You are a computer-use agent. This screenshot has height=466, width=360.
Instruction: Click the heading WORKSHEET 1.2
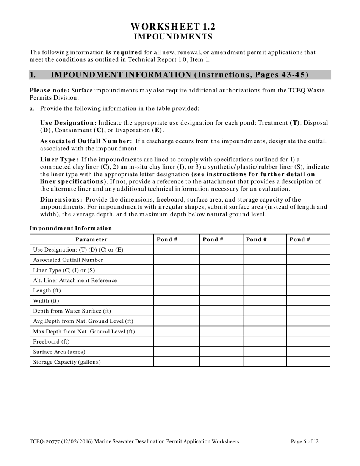(173, 27)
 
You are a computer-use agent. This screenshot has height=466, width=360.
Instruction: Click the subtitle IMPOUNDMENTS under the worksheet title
(173, 36)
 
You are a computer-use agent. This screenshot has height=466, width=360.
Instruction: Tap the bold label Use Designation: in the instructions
(69, 123)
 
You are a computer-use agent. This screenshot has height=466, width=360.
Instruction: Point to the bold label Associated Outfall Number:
(86, 141)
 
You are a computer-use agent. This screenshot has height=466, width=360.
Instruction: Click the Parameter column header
(92, 239)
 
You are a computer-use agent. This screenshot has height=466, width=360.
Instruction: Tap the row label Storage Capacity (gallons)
(67, 362)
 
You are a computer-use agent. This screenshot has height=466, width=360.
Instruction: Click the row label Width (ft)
(46, 301)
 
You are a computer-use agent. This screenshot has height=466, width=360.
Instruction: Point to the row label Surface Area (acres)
(59, 352)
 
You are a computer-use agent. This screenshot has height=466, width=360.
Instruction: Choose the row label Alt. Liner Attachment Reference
(75, 280)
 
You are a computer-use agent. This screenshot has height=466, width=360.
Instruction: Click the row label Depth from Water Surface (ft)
(72, 311)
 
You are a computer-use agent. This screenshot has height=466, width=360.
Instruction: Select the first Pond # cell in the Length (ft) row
(176, 291)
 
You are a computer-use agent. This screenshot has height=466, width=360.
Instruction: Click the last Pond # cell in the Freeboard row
(308, 341)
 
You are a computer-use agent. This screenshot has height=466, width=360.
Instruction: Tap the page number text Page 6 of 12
(304, 441)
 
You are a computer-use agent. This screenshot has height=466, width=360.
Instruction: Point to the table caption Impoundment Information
(71, 228)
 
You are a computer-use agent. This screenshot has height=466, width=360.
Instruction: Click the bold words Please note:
(50, 90)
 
